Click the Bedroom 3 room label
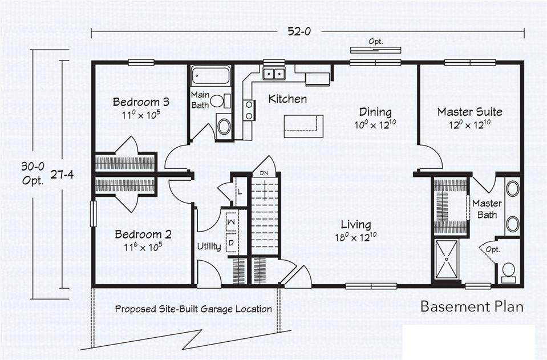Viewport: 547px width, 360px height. point(141,102)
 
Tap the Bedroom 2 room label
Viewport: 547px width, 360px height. point(143,234)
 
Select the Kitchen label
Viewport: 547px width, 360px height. point(287,99)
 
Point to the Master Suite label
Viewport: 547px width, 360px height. point(470,112)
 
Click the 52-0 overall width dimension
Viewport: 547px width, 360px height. point(299,31)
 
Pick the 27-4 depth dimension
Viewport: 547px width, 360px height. point(62,175)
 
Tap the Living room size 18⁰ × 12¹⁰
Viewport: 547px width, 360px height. point(356,237)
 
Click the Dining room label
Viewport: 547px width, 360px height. point(375,112)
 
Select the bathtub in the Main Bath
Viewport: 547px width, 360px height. point(210,75)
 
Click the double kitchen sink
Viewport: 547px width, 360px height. point(274,74)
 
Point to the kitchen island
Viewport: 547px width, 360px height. point(303,126)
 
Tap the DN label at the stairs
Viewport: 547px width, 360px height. point(264,173)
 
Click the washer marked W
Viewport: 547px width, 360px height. point(231,222)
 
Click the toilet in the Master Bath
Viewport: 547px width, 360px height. point(508,273)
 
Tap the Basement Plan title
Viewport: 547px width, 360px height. point(472,306)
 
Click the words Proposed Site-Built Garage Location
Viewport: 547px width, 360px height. point(193,309)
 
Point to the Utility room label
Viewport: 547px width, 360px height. point(209,246)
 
